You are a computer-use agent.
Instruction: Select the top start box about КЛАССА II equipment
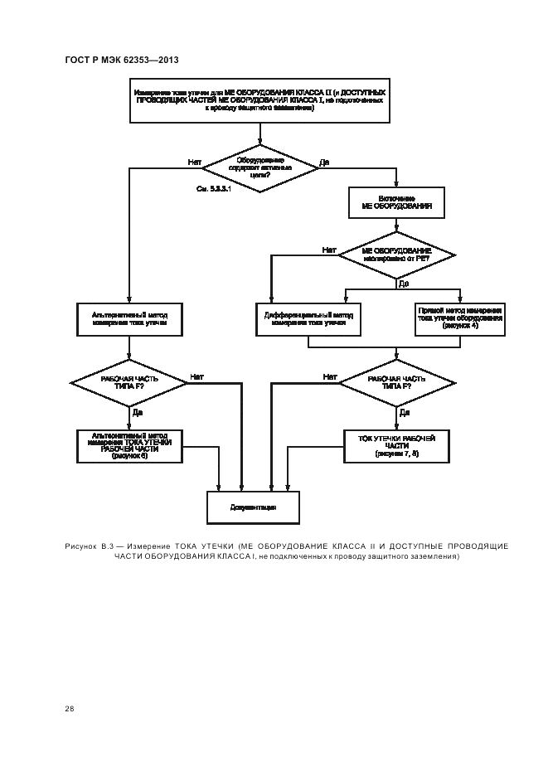(x=259, y=100)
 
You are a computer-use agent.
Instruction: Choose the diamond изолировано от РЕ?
(x=397, y=254)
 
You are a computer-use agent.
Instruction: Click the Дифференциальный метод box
(x=308, y=318)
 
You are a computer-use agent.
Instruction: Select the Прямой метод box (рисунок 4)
(x=460, y=318)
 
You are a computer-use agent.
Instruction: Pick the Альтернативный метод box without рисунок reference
(x=128, y=318)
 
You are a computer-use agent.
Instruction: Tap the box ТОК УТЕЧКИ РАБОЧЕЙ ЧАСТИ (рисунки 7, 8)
(x=396, y=445)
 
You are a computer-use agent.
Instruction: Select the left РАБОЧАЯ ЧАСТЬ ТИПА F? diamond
(x=129, y=382)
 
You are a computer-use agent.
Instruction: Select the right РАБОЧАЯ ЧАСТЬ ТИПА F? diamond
(x=397, y=382)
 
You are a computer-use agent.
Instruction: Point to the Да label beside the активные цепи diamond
(x=324, y=162)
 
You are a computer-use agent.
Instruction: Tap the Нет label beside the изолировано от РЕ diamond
(x=329, y=249)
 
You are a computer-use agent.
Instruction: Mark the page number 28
(x=70, y=709)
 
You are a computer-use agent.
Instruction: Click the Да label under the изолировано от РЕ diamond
(x=404, y=283)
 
